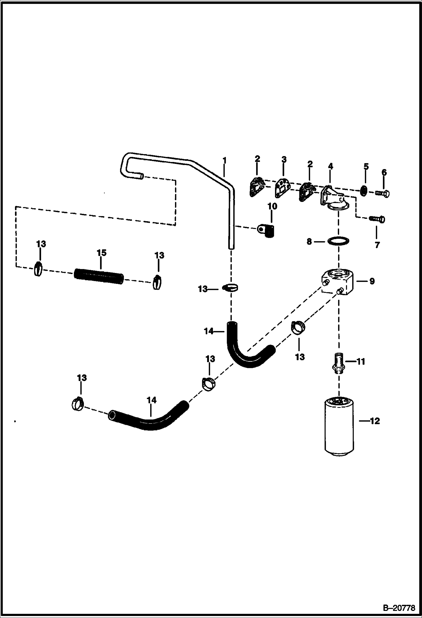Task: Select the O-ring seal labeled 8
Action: coord(339,241)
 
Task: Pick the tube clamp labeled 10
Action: coord(267,230)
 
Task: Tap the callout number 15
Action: coord(102,253)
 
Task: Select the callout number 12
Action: coord(375,421)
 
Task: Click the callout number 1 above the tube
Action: coord(224,161)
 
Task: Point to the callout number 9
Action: coord(372,281)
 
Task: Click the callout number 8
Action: coord(309,241)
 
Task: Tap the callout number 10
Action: coord(272,206)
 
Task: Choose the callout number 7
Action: coord(377,244)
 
